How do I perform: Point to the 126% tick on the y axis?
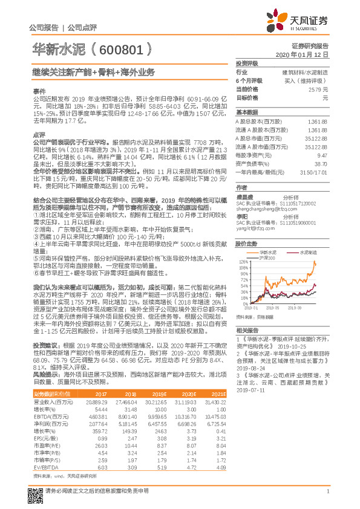(244, 262)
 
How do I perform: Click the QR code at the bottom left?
(35, 491)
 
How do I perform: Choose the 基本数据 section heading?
(247, 112)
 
